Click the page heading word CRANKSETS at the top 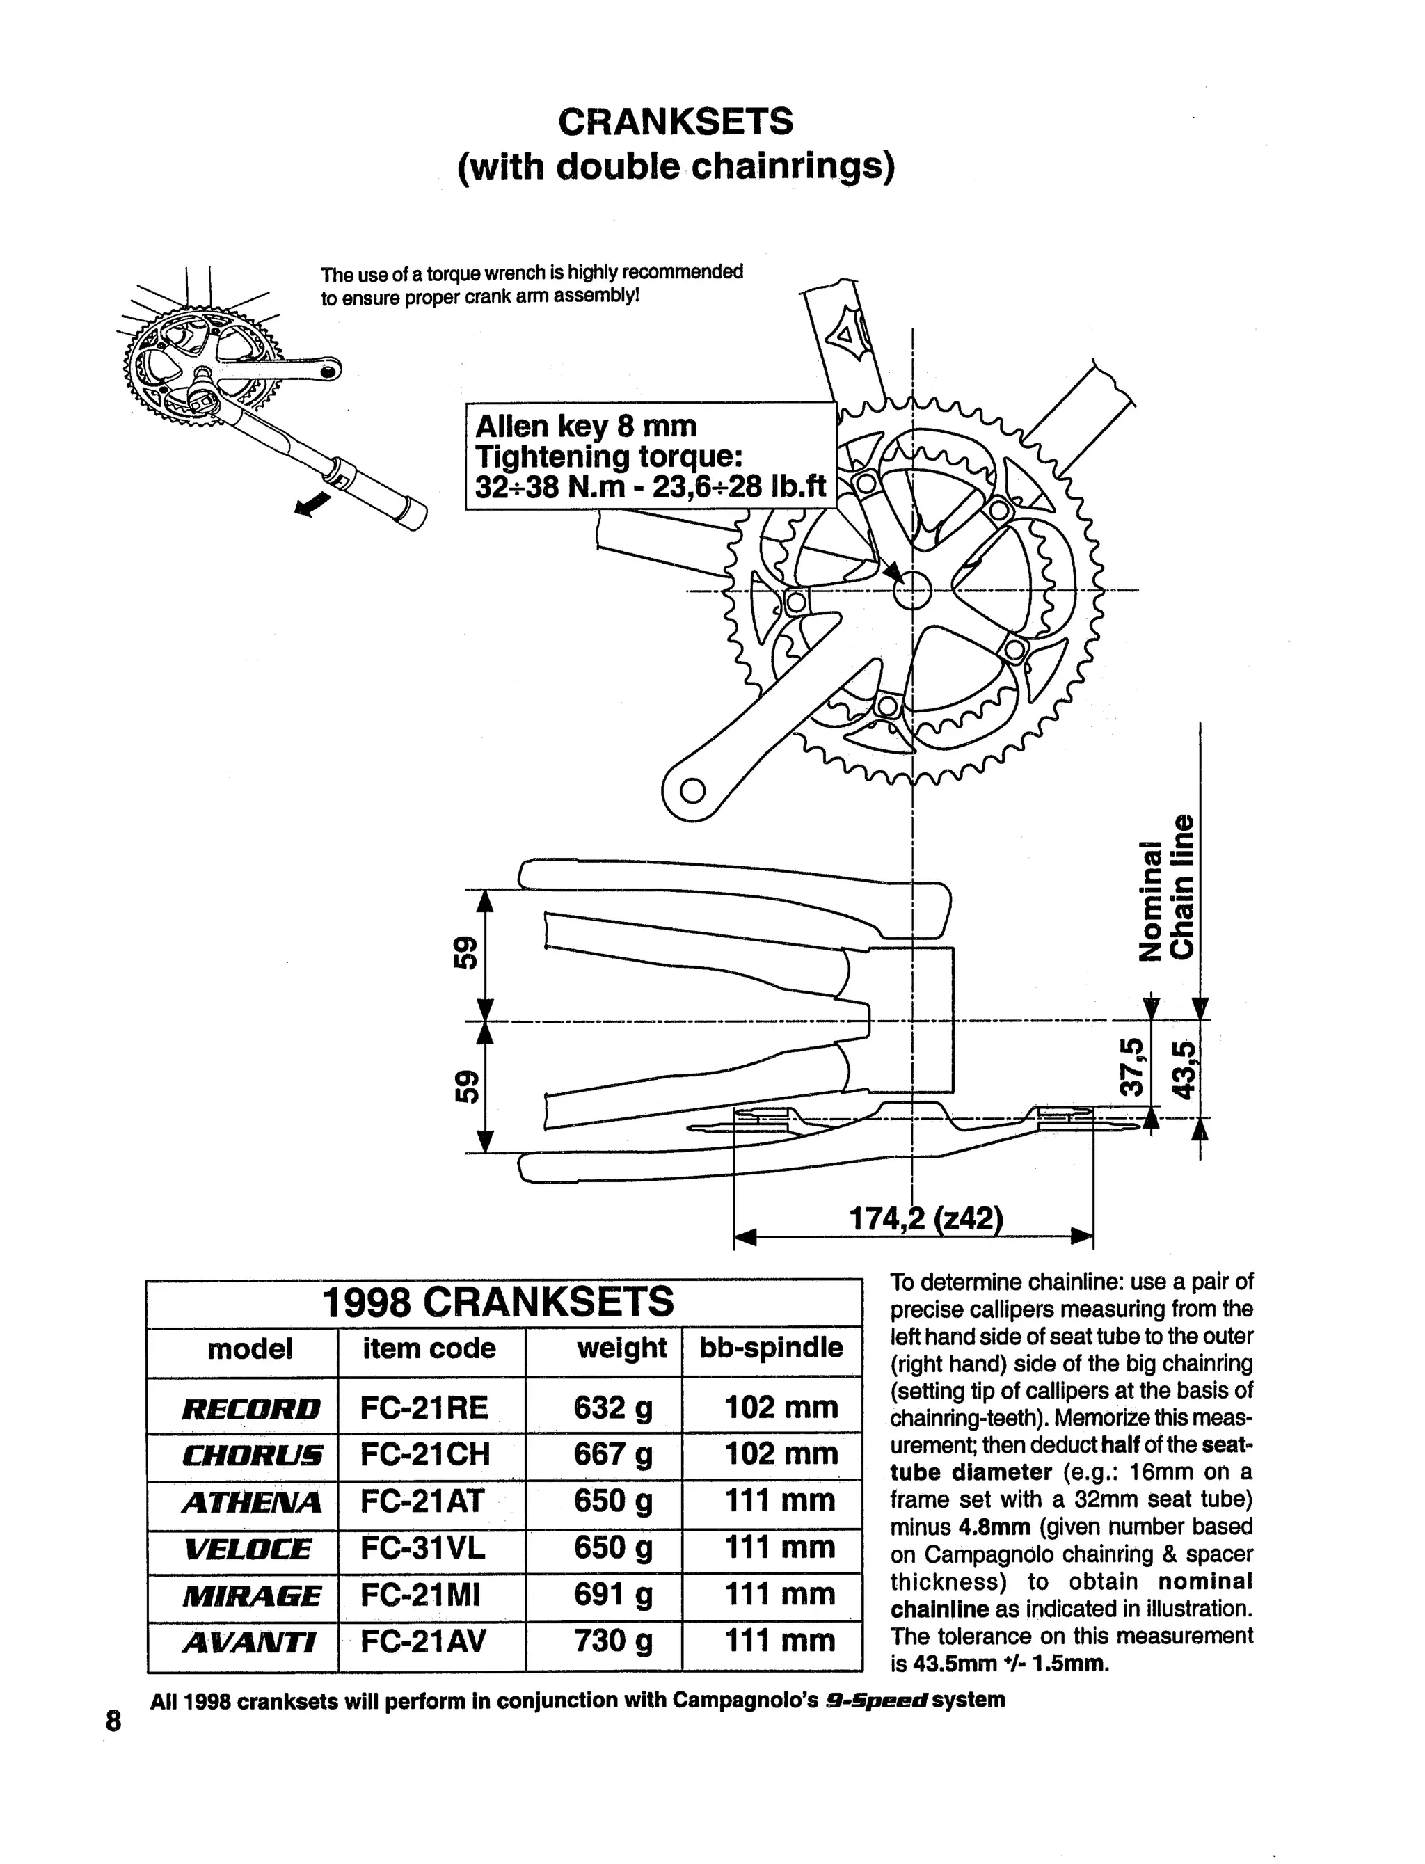[x=675, y=122]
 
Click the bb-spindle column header [x=771, y=1348]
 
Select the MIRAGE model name [x=251, y=1595]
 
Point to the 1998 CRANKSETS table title [x=499, y=1302]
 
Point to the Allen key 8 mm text [x=585, y=426]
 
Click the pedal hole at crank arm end [x=693, y=790]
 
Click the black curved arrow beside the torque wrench [x=312, y=503]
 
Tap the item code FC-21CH [x=425, y=1454]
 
